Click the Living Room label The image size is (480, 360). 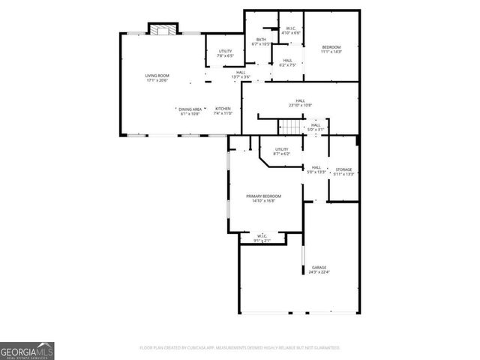[x=157, y=76]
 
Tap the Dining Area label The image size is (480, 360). [x=190, y=109]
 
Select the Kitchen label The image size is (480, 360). [x=223, y=109]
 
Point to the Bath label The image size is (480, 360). [x=261, y=40]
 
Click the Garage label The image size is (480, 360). [x=319, y=267]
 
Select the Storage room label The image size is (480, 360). [x=343, y=169]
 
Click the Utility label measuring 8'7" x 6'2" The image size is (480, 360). [x=281, y=149]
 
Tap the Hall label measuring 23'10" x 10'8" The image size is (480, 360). [x=300, y=100]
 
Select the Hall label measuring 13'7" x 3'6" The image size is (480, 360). [x=241, y=73]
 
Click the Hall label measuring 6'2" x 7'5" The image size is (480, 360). [x=287, y=61]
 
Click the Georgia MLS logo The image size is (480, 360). [x=27, y=350]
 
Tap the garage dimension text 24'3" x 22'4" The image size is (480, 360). [x=319, y=272]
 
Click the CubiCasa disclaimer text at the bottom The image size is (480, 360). [x=240, y=348]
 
